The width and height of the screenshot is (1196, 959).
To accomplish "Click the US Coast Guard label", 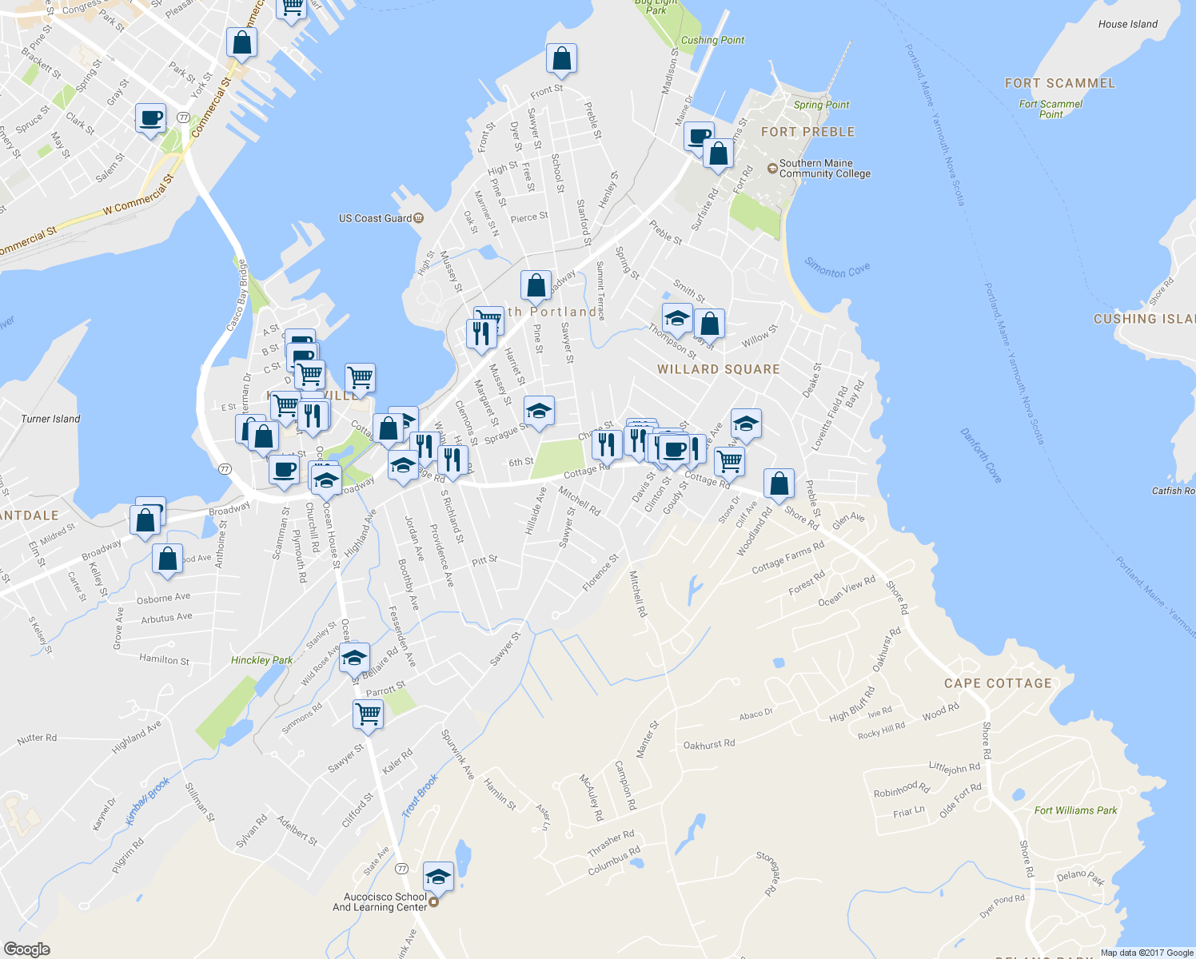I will coord(376,218).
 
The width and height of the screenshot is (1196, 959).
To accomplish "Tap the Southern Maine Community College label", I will coord(824,168).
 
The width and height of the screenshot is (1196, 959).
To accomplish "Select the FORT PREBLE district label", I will coord(807,132).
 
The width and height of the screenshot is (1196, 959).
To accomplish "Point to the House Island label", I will coord(1127,24).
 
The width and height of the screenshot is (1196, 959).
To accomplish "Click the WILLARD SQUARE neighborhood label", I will coord(718,369).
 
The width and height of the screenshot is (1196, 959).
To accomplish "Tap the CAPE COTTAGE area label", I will coord(998,683).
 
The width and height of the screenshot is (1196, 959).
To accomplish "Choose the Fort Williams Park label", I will coord(1075,810).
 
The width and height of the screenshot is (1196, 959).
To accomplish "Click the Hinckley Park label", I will coord(262,660).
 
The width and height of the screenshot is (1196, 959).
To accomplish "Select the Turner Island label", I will coord(50,419).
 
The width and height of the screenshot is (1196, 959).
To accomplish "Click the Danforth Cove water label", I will coord(981,456).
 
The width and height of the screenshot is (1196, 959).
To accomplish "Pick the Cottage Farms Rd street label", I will coord(787,558).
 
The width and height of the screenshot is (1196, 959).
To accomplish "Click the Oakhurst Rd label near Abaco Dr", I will coord(709,745).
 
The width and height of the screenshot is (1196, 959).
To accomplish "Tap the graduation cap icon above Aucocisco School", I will coord(437,877).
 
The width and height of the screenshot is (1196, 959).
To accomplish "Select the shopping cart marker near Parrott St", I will coord(368,713).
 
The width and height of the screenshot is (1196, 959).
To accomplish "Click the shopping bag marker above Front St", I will coord(561,58).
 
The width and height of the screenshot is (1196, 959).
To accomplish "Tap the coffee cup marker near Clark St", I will coord(150,118).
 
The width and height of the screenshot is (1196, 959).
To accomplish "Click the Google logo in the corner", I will coord(26,949).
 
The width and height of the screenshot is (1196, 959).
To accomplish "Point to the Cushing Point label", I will coord(712,40).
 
